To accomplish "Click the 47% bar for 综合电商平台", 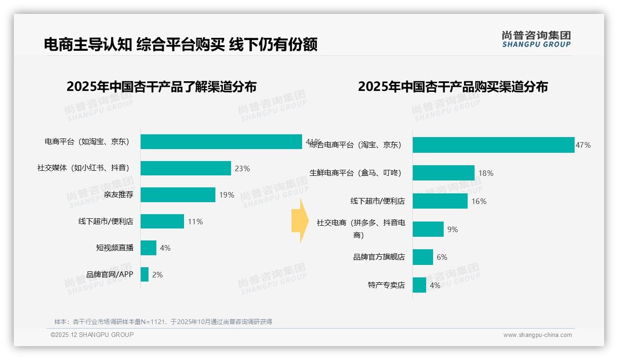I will tap(493, 145).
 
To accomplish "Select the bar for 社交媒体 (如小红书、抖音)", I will tap(185, 168).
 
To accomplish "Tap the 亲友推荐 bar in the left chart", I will tap(178, 195).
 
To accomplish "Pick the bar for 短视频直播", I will tap(149, 248).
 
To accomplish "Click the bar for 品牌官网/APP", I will tap(144, 275).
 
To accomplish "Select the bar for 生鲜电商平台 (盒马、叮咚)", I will tap(443, 173).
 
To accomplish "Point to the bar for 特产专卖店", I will tap(419, 285).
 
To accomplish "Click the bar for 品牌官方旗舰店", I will tap(422, 257).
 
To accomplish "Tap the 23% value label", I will tap(242, 169).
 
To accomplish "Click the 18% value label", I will tap(486, 174).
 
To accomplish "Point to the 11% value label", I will tap(195, 222).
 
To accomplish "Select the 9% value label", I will tap(452, 229).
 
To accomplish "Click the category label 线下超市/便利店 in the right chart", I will tap(377, 201).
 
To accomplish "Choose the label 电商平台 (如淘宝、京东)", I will tap(87, 142).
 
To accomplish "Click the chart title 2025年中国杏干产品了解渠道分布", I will tap(161, 87).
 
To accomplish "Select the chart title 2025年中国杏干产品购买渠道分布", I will tap(452, 87).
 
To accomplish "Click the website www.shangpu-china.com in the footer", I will tap(537, 335).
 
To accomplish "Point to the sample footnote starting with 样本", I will tap(163, 322).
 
